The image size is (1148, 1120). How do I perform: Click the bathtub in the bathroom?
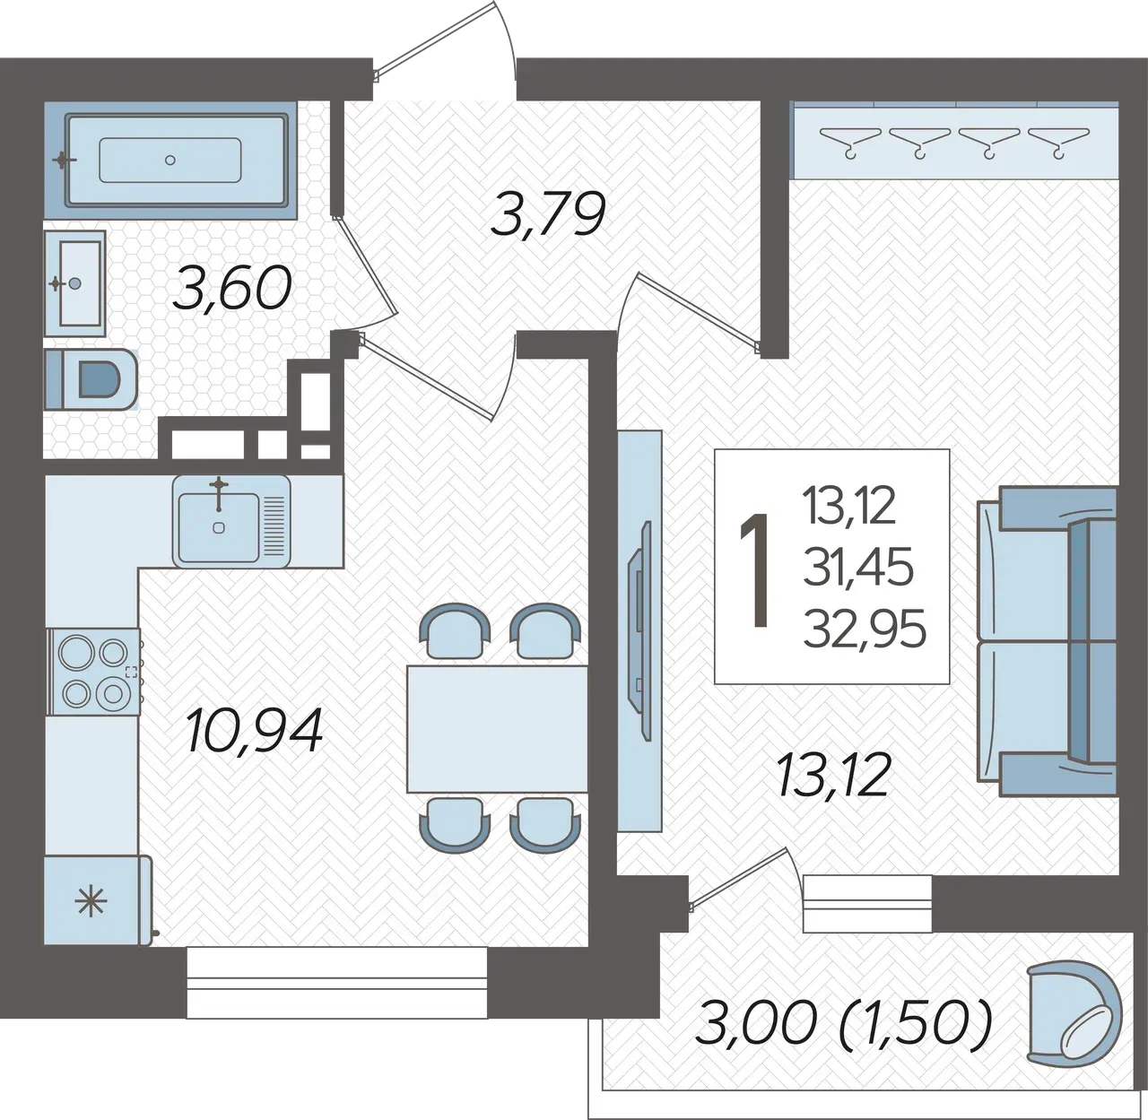170,161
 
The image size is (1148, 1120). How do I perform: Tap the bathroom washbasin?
75,283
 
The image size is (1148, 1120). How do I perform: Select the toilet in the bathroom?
91,378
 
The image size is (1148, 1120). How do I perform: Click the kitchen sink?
231,521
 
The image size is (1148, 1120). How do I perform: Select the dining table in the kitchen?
497,728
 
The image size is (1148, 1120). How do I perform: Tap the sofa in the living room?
1048,641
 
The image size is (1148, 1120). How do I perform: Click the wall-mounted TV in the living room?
640,631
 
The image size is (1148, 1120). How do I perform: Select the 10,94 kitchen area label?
254,730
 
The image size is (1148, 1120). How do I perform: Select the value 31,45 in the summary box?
858,568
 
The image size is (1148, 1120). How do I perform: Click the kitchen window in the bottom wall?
337,982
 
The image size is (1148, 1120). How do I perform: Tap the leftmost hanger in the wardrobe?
849,141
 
